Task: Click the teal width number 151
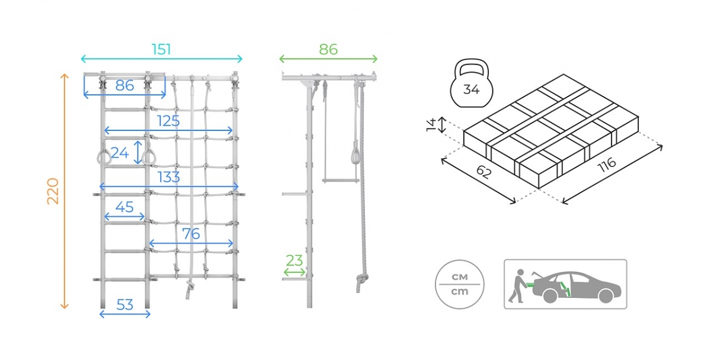click(x=161, y=49)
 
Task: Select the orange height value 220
click(x=53, y=191)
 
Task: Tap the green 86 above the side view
click(x=328, y=49)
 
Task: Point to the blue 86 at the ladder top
click(x=124, y=85)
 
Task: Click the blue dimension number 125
click(x=168, y=121)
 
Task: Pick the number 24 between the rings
click(x=120, y=153)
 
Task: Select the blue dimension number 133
click(x=169, y=176)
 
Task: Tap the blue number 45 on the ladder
click(x=124, y=207)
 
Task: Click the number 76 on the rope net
click(x=191, y=234)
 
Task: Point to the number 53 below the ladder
click(x=124, y=305)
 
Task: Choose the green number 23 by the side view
click(x=294, y=261)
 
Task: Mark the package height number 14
click(x=432, y=125)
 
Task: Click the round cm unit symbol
click(x=460, y=284)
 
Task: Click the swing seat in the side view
click(x=340, y=178)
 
